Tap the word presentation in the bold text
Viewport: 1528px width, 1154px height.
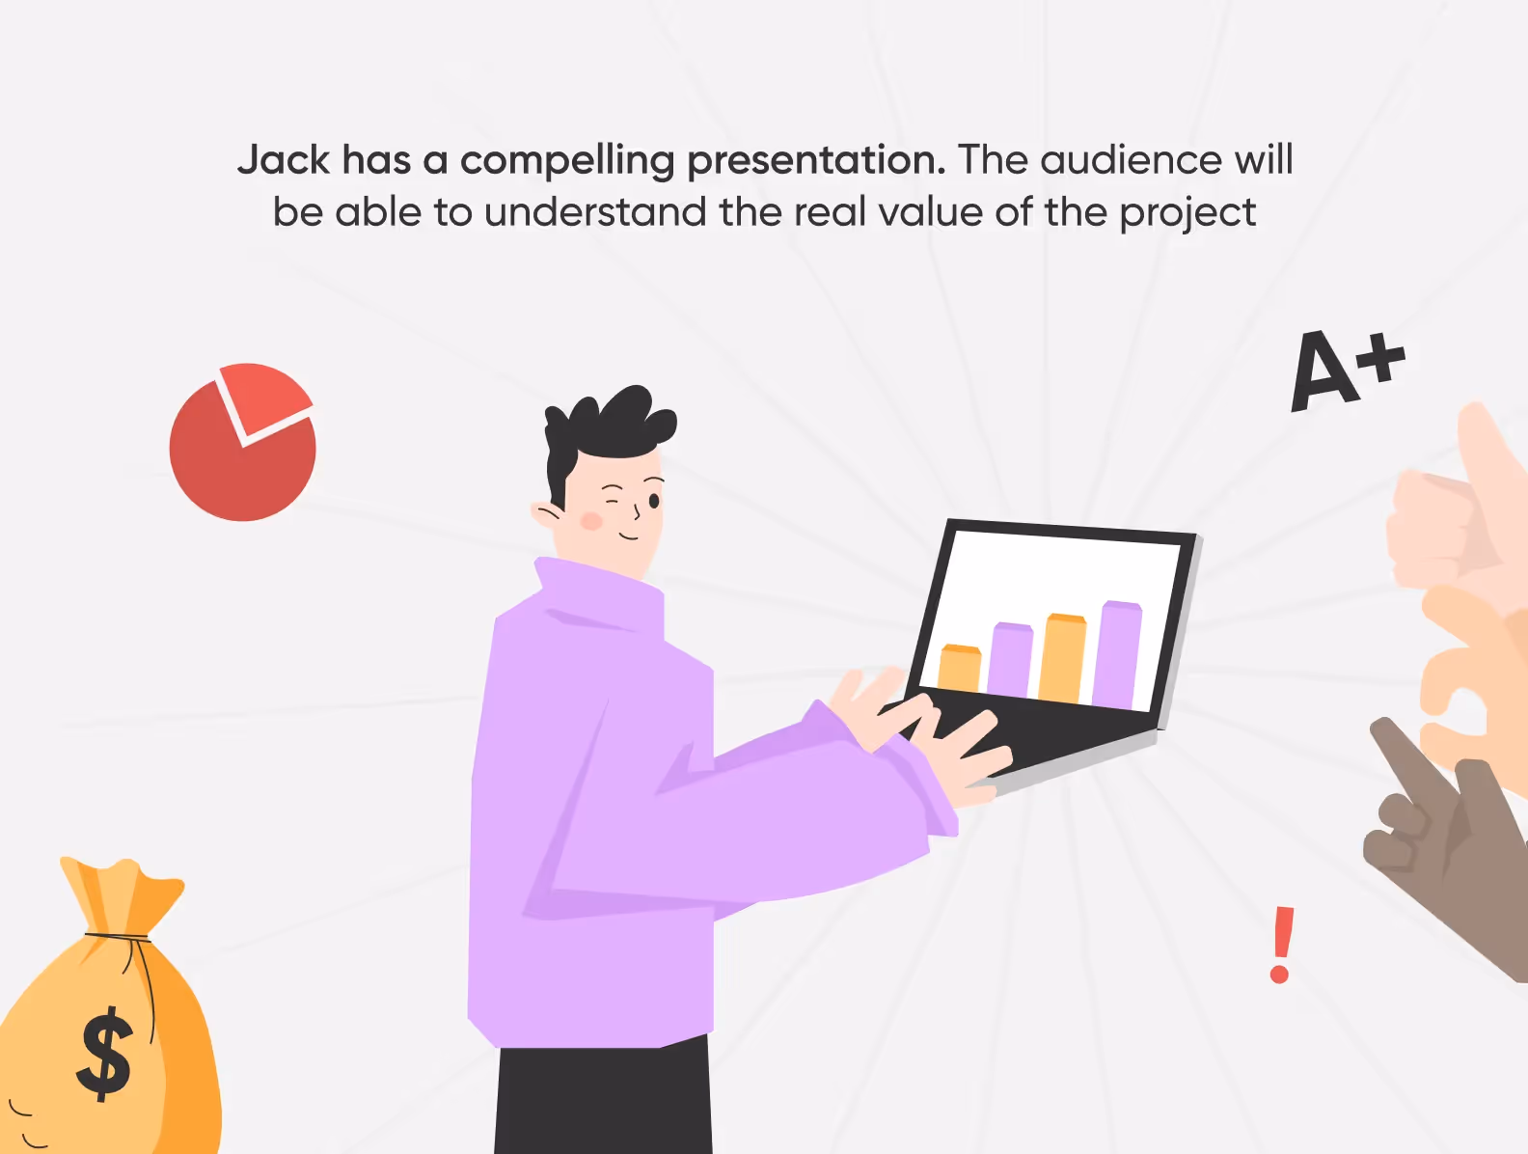[816, 160]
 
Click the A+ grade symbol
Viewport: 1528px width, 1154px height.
[1345, 369]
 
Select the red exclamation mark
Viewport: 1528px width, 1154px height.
[1281, 945]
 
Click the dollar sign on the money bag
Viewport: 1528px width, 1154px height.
[105, 1054]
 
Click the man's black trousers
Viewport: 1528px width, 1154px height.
[603, 1100]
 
